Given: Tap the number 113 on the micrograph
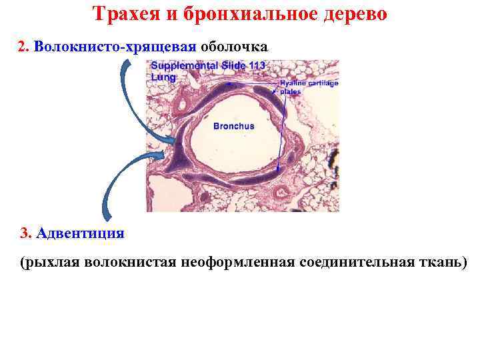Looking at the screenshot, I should [x=256, y=65].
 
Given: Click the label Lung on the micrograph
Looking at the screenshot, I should [x=163, y=77].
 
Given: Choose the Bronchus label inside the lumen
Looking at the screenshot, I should [x=233, y=125].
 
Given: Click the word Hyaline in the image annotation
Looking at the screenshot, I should [x=291, y=83].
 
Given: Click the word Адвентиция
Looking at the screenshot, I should [x=81, y=233].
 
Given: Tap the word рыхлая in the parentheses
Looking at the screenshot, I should [x=55, y=262].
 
